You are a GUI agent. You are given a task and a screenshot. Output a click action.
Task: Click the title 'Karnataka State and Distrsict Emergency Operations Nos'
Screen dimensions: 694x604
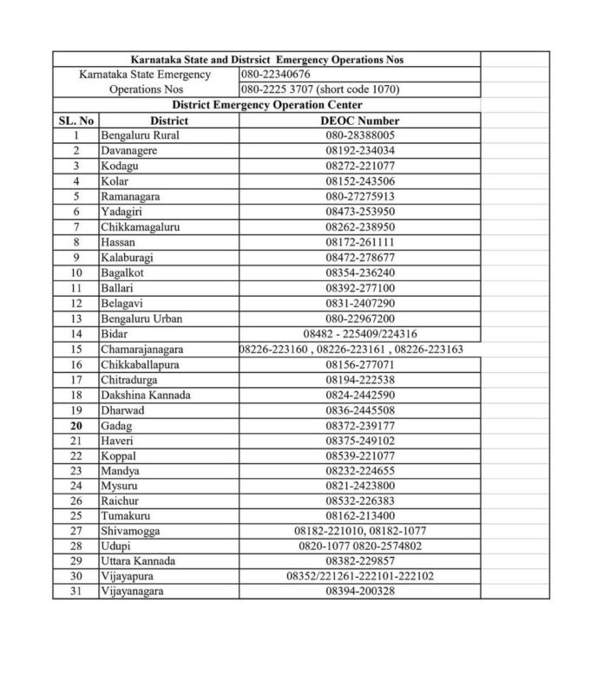tap(265, 60)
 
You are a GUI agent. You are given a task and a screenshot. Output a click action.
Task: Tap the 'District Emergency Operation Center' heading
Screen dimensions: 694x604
tap(265, 105)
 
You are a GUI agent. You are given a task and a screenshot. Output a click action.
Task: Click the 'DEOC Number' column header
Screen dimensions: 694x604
tap(360, 121)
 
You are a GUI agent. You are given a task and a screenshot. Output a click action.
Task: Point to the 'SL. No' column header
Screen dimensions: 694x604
tap(75, 121)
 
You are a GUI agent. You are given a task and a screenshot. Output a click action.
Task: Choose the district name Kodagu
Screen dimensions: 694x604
tap(121, 166)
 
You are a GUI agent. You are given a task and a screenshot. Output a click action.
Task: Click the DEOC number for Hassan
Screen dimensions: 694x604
tap(360, 241)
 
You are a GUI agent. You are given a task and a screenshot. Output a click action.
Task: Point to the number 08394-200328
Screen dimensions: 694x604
tap(360, 591)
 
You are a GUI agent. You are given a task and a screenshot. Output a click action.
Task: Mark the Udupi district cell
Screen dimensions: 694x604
tap(117, 545)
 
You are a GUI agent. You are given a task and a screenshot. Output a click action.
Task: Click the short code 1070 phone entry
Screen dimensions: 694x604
tap(320, 89)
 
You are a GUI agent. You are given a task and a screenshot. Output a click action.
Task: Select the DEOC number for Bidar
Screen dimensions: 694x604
tap(360, 333)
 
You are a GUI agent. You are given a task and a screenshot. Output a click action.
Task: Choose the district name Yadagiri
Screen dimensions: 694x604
tap(123, 211)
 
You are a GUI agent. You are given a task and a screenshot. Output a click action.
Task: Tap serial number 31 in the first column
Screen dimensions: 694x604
tap(75, 591)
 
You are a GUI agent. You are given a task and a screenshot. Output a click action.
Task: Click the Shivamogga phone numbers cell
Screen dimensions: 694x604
tap(360, 530)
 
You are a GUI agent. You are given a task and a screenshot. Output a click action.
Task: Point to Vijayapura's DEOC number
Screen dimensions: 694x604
tap(360, 576)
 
